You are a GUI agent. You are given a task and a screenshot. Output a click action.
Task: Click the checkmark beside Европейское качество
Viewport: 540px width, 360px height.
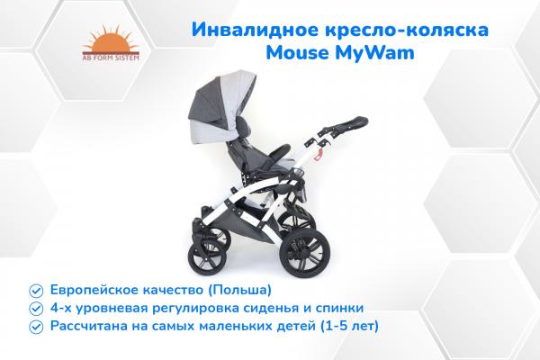pos(35,291)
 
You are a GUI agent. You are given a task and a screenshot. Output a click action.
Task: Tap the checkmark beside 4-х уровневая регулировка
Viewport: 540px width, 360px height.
pos(35,308)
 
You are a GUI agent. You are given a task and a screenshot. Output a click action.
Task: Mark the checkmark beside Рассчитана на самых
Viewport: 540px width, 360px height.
pos(35,325)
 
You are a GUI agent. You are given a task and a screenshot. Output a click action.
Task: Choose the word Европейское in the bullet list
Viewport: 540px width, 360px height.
pos(94,291)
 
